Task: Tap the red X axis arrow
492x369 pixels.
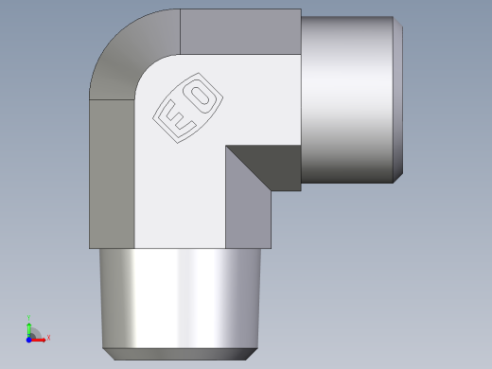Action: click(40, 338)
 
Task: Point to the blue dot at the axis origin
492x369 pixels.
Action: click(29, 338)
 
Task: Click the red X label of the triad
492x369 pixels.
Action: click(48, 337)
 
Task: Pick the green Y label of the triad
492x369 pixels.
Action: click(29, 318)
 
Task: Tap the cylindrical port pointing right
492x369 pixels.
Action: click(345, 99)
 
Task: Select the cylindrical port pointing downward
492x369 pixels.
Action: click(178, 298)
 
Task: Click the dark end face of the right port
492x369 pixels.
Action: click(399, 99)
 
